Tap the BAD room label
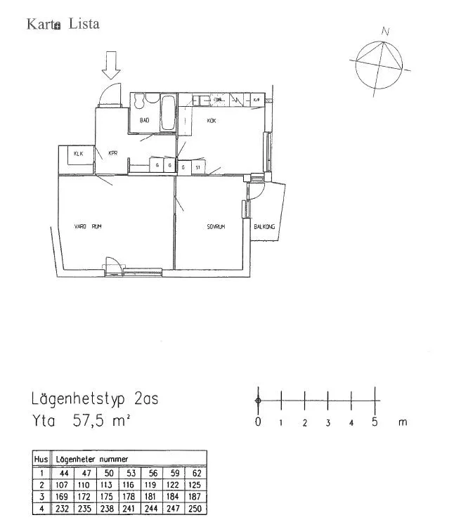[145, 121]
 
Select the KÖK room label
[211, 121]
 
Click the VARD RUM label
[89, 226]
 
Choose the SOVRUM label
[215, 226]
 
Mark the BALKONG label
[264, 226]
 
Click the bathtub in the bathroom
[168, 114]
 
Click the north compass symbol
[380, 65]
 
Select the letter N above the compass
[385, 32]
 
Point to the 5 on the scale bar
[375, 422]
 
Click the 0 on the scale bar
[258, 422]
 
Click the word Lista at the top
[84, 24]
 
